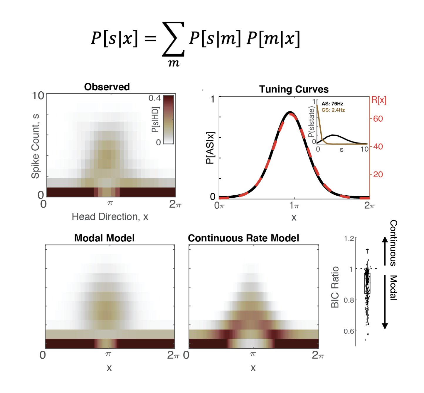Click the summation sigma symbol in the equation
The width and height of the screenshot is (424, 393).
(173, 39)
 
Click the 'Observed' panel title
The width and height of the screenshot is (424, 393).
(107, 87)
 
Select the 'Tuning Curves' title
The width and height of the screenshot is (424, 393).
(294, 89)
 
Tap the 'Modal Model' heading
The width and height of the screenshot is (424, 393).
(105, 238)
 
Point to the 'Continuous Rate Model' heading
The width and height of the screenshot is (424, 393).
(243, 238)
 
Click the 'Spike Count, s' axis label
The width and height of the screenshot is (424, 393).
(36, 146)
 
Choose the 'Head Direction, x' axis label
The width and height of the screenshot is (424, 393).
(110, 217)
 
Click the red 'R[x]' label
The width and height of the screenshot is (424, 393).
(378, 100)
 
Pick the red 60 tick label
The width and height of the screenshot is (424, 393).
(378, 119)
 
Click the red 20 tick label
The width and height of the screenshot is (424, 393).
(378, 174)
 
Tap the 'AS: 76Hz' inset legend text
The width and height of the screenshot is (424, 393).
(332, 104)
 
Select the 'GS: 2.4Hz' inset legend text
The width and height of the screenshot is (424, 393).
(333, 110)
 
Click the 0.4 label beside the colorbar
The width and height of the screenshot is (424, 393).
(154, 98)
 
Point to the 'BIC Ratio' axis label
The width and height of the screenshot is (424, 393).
(335, 287)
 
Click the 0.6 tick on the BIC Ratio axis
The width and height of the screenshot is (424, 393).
(349, 331)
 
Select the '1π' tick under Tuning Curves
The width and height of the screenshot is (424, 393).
(294, 205)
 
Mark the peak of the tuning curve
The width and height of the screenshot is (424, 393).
(290, 112)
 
